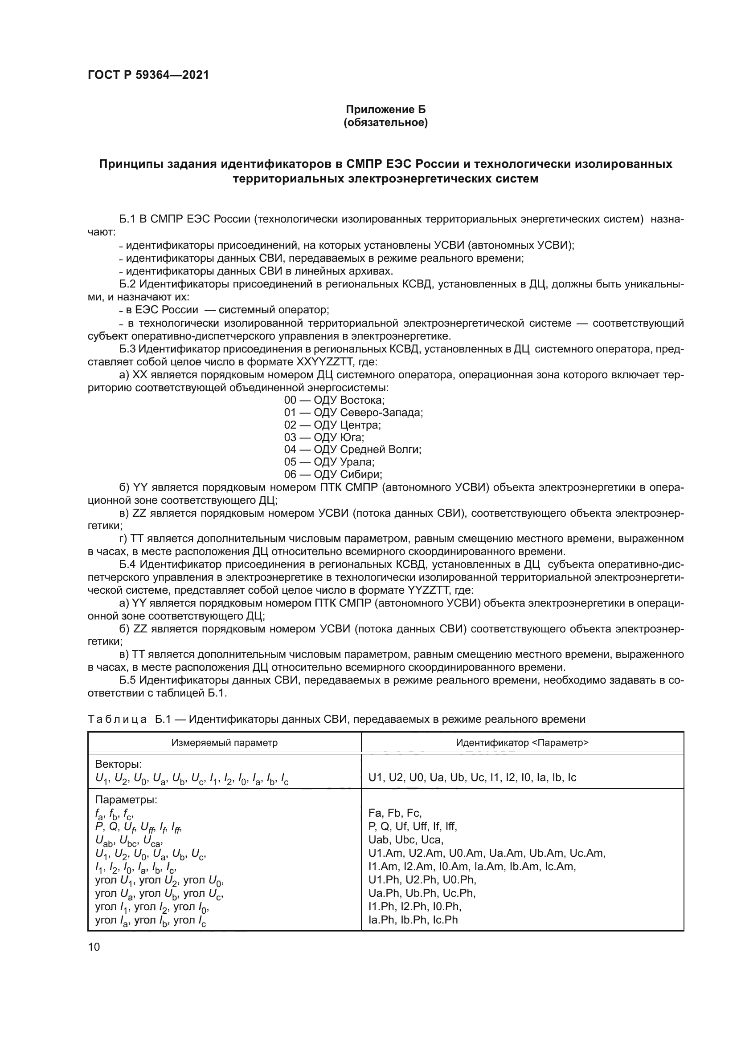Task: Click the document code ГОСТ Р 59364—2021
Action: (x=148, y=75)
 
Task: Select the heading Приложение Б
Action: (x=386, y=109)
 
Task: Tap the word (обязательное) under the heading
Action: (x=386, y=122)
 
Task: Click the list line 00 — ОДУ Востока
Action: (x=335, y=400)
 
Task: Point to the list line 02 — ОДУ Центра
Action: (x=333, y=425)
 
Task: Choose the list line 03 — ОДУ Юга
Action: (x=324, y=437)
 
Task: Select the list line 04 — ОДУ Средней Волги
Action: (x=352, y=450)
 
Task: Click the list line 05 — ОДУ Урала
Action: (x=329, y=462)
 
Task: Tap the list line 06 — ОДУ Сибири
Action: (x=333, y=474)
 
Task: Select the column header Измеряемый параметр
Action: (x=224, y=742)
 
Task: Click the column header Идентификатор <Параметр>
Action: (x=522, y=742)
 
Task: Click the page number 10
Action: (x=94, y=947)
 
